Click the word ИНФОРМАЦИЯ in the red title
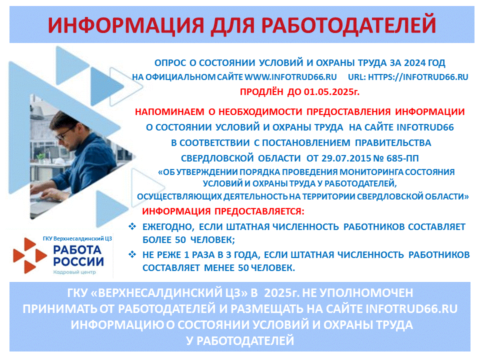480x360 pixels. click(x=126, y=25)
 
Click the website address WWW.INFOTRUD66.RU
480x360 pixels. click(x=291, y=77)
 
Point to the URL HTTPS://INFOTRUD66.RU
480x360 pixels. click(x=418, y=77)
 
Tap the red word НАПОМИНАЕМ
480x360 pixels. click(x=169, y=111)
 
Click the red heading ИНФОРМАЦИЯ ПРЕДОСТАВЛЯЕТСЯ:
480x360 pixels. click(x=223, y=211)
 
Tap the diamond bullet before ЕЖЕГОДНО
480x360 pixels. click(x=132, y=226)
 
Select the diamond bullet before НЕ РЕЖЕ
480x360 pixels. click(x=132, y=254)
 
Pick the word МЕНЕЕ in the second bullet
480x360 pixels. click(x=219, y=268)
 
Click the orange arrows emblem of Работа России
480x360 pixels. click(x=30, y=255)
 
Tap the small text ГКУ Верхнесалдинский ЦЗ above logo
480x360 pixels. click(x=77, y=238)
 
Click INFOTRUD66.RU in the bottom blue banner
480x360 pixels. click(x=411, y=309)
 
